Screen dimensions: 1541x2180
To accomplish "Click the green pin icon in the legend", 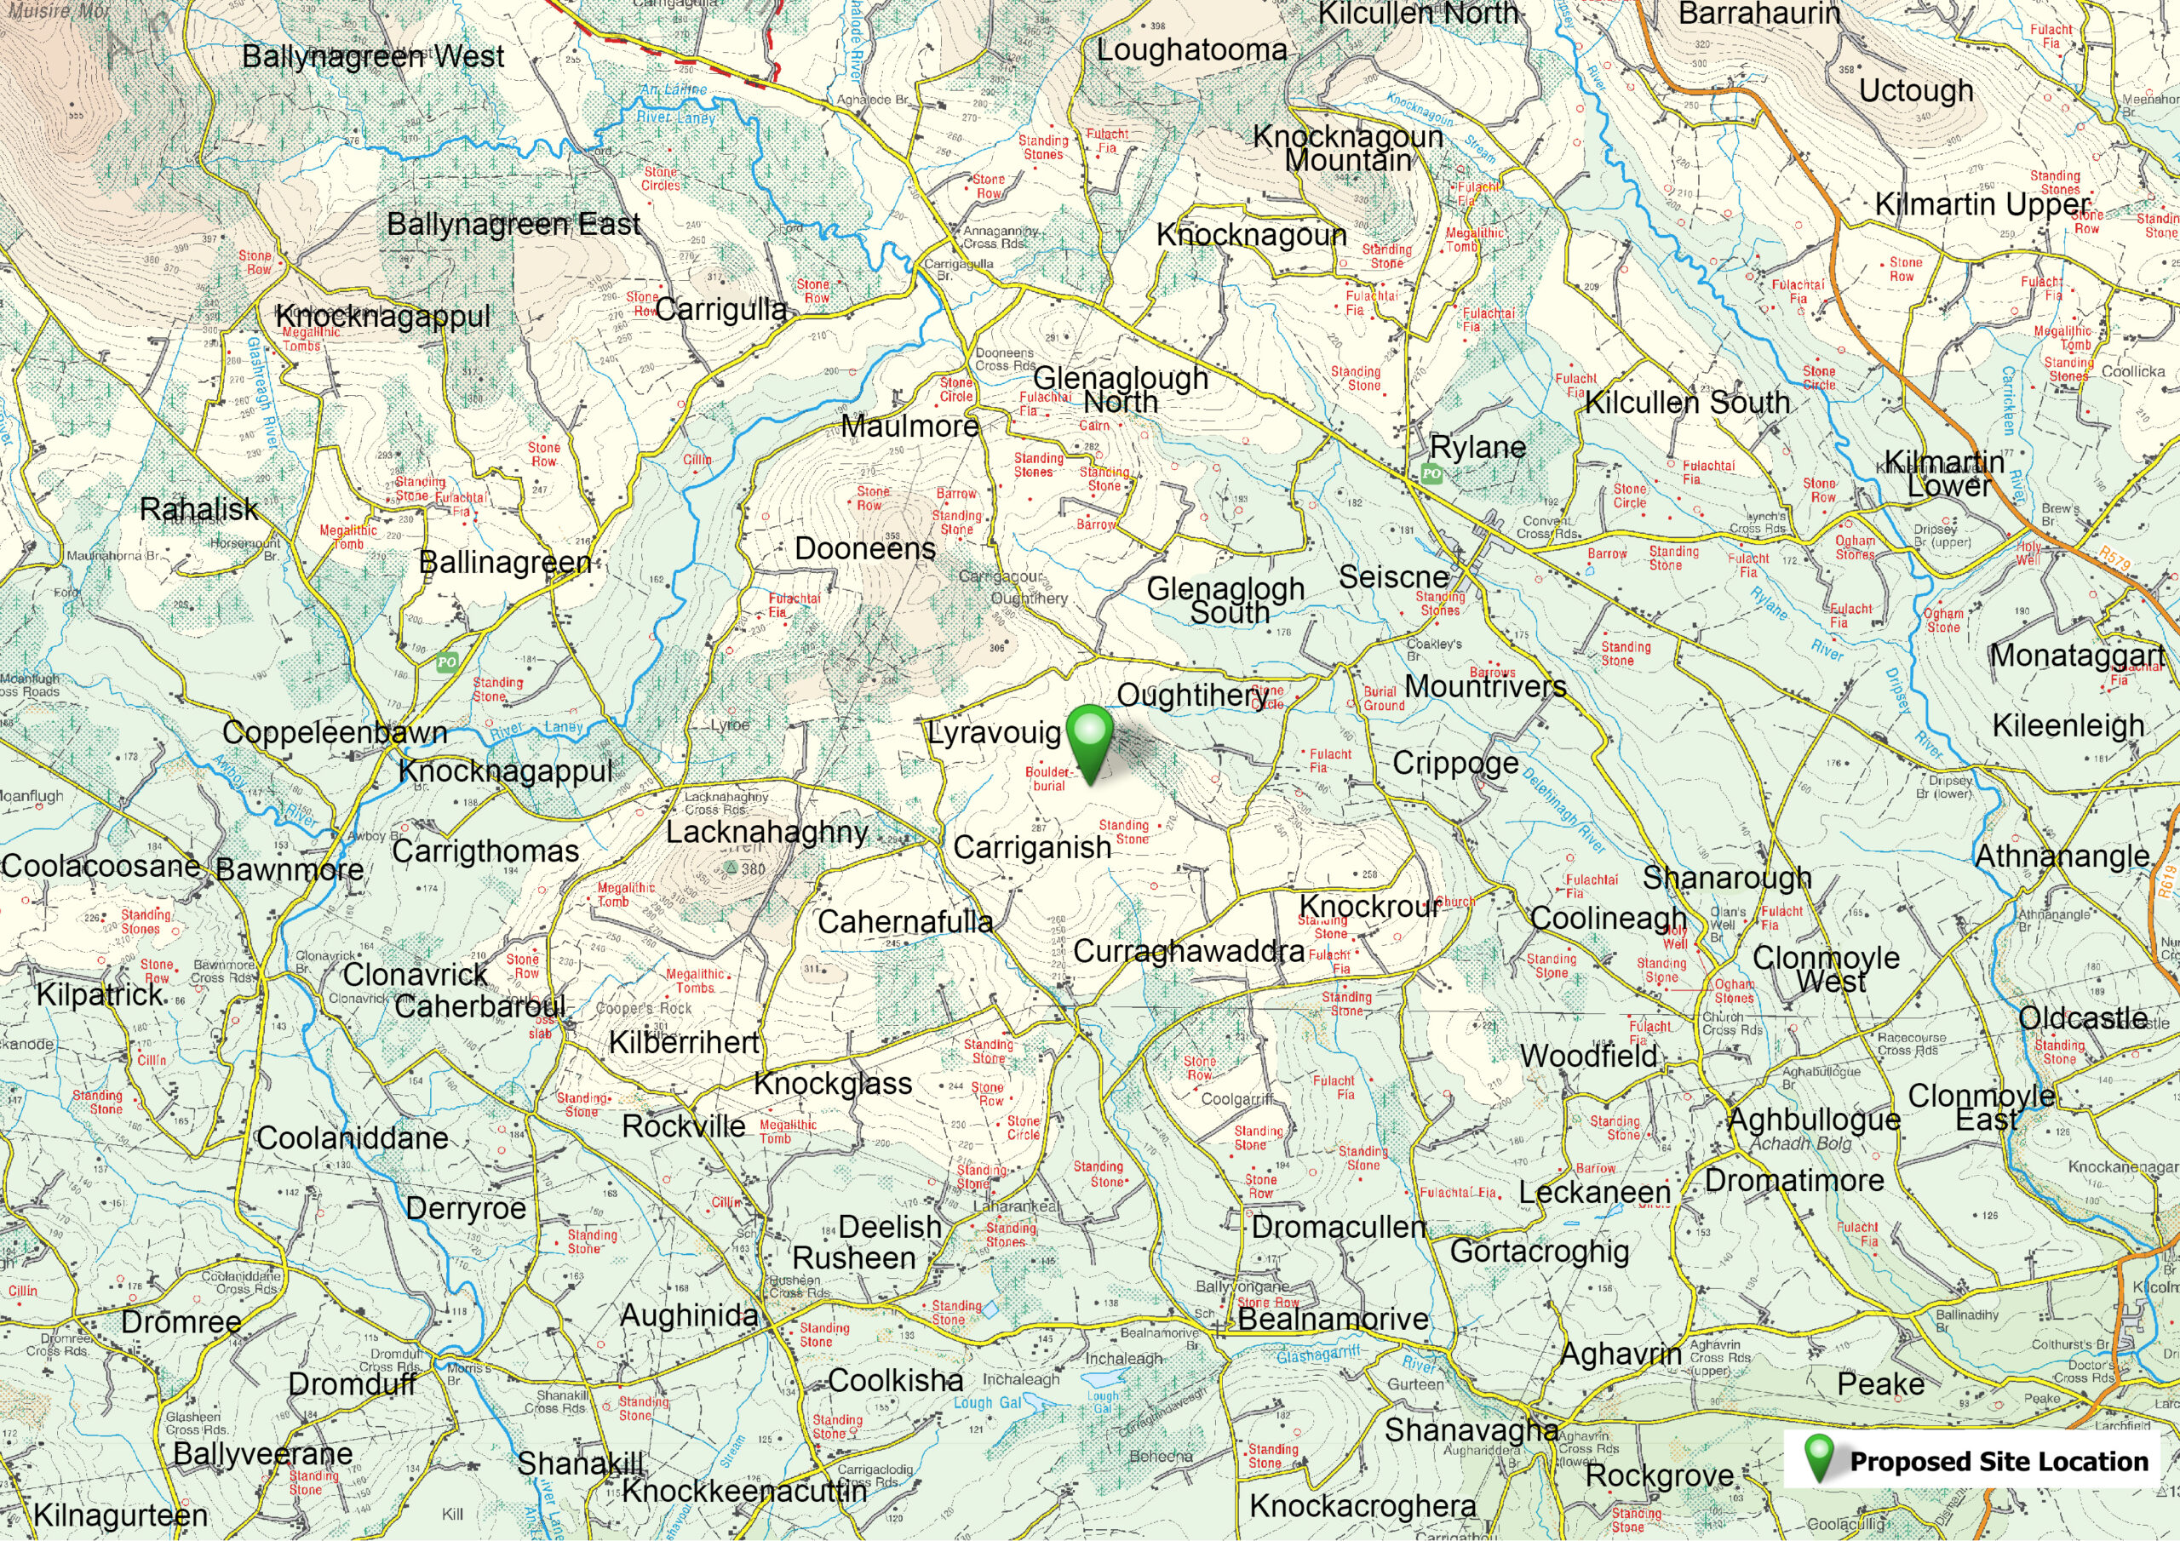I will coord(1819,1459).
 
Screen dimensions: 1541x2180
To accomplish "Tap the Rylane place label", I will coord(1477,447).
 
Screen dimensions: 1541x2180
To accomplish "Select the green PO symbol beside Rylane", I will coord(1431,473).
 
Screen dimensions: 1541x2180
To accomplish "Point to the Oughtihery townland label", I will coord(1190,695).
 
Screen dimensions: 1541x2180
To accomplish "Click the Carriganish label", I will coord(1031,847).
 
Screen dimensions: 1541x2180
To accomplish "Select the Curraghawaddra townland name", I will coord(1188,950).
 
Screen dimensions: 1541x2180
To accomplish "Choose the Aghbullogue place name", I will coord(1814,1120).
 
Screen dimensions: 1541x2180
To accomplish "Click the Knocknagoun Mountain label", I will coord(1347,148).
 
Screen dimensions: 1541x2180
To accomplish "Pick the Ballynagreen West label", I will coord(373,56).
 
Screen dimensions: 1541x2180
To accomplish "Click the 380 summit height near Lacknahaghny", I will coord(752,868).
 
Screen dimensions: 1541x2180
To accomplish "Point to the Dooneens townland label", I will coord(864,549).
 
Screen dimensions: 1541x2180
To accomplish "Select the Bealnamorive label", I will coord(1332,1319).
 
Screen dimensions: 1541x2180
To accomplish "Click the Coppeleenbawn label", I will coord(334,733).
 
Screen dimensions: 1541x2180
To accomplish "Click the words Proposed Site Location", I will coord(1999,1461).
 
